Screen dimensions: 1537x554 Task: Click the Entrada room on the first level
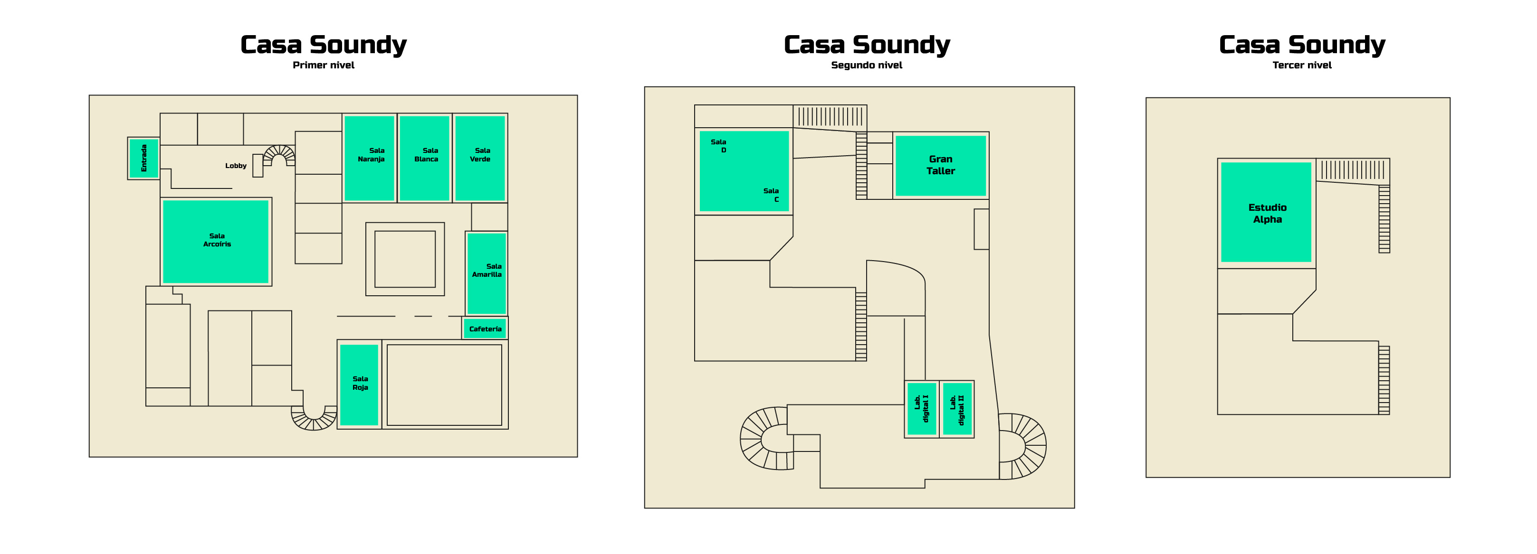coord(144,158)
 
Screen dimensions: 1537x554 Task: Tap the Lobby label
coord(236,166)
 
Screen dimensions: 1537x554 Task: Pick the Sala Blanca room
coord(424,158)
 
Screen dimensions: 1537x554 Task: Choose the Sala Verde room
coord(480,158)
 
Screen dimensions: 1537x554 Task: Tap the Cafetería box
coord(485,329)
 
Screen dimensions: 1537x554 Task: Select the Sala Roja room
coord(359,385)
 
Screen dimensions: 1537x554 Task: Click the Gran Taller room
coord(940,165)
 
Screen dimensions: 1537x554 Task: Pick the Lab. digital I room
coord(922,409)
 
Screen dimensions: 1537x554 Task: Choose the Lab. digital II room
coord(957,409)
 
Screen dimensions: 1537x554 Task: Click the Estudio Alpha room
coord(1266,212)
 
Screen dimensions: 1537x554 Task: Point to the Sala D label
coord(718,146)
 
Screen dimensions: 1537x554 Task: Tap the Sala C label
coord(771,195)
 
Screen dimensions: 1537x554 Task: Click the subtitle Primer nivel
coord(324,65)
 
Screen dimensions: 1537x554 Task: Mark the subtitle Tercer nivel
coord(1302,65)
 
